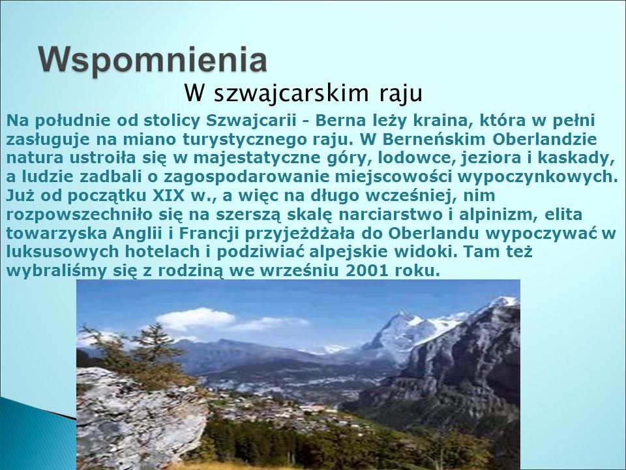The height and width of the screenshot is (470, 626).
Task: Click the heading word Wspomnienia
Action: (153, 59)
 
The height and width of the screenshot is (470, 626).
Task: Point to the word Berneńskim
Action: (434, 139)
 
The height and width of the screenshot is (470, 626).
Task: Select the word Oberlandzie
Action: (544, 139)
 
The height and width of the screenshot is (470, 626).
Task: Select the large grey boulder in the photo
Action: (140, 418)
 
